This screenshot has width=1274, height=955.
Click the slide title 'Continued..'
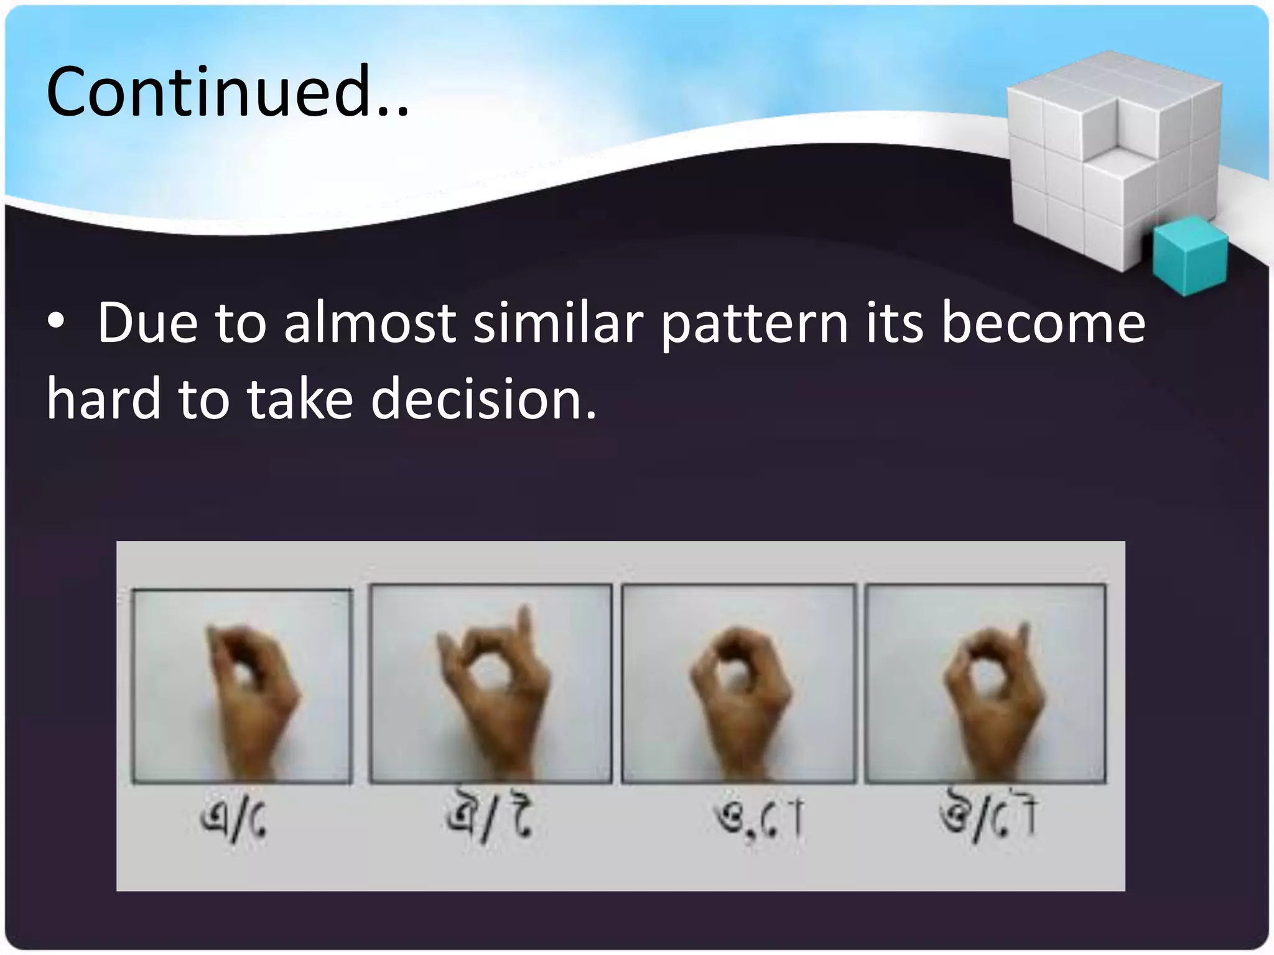point(228,92)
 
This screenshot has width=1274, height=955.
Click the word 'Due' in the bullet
point(147,323)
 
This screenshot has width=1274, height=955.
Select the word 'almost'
point(370,323)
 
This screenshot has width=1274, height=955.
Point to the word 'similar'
point(557,323)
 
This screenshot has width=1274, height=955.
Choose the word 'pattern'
point(754,325)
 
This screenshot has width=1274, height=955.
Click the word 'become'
point(1043,323)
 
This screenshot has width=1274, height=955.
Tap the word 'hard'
point(104,399)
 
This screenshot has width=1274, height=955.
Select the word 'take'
point(300,399)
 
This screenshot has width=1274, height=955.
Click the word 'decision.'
point(483,399)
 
